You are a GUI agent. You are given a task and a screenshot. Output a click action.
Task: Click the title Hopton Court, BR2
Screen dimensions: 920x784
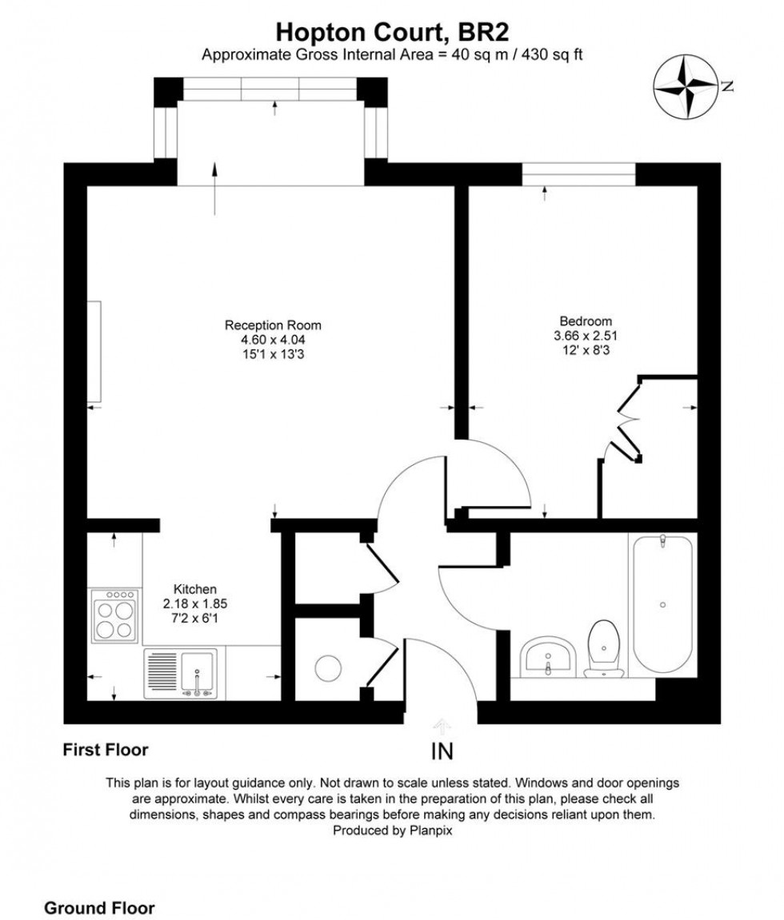[x=392, y=32]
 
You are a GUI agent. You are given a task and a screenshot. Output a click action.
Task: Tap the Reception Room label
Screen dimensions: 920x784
[x=273, y=325]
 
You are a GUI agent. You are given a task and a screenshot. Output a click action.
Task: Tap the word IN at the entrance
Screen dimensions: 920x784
[x=442, y=752]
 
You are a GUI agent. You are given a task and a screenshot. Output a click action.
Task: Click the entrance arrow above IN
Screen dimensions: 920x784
[x=441, y=725]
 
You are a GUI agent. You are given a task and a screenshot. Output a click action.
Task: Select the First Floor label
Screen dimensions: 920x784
[x=106, y=750]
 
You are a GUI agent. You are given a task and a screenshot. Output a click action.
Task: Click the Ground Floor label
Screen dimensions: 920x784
[x=99, y=886]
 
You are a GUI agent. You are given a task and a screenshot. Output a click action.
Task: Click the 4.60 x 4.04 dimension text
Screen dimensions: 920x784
[x=273, y=339]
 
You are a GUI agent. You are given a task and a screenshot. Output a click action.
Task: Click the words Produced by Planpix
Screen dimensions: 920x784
[x=392, y=831]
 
